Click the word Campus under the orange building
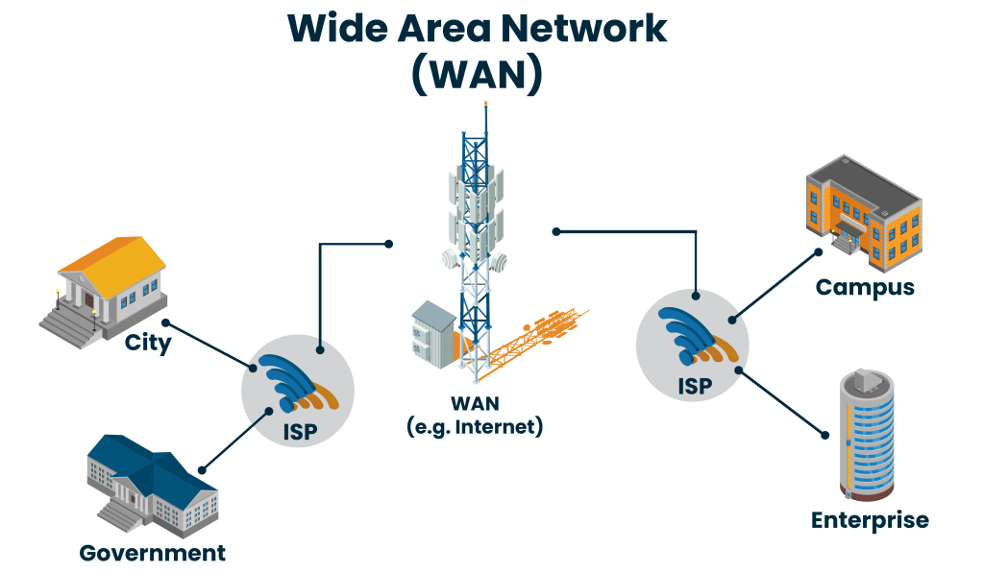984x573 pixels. point(865,287)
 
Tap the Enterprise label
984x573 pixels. point(870,520)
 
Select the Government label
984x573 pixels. point(153,553)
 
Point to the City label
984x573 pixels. point(148,343)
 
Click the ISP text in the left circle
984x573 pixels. point(299,429)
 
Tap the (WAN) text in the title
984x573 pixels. point(478,76)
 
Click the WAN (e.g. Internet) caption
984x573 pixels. point(476,415)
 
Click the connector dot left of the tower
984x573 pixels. point(388,244)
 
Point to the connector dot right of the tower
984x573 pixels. point(556,230)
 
